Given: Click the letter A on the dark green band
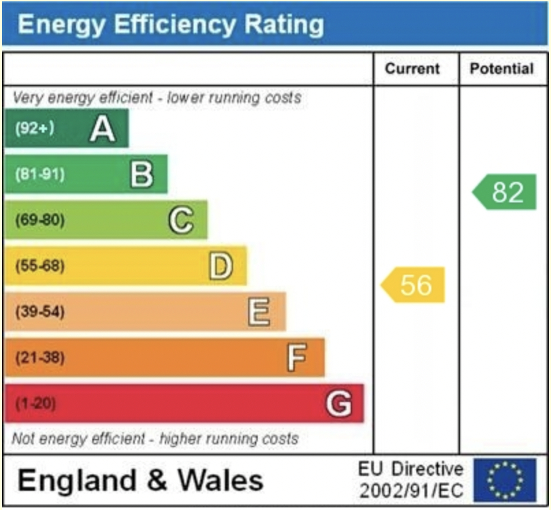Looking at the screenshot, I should pyautogui.click(x=103, y=129).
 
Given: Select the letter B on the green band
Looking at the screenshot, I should pyautogui.click(x=142, y=174).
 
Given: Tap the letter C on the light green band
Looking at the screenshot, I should pyautogui.click(x=180, y=221).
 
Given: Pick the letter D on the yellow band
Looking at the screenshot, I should pyautogui.click(x=220, y=267).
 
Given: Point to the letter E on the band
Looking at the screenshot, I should pyautogui.click(x=258, y=312).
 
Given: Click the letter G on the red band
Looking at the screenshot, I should pyautogui.click(x=338, y=404).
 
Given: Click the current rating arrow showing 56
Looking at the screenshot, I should pyautogui.click(x=414, y=284).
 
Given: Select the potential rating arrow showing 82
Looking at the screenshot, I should pyautogui.click(x=505, y=193).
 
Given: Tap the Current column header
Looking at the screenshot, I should pyautogui.click(x=412, y=69).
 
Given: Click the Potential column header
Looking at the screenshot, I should pyautogui.click(x=502, y=69).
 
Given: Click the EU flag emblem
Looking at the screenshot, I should pyautogui.click(x=505, y=479).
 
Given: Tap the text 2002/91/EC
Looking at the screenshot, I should pyautogui.click(x=412, y=490).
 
